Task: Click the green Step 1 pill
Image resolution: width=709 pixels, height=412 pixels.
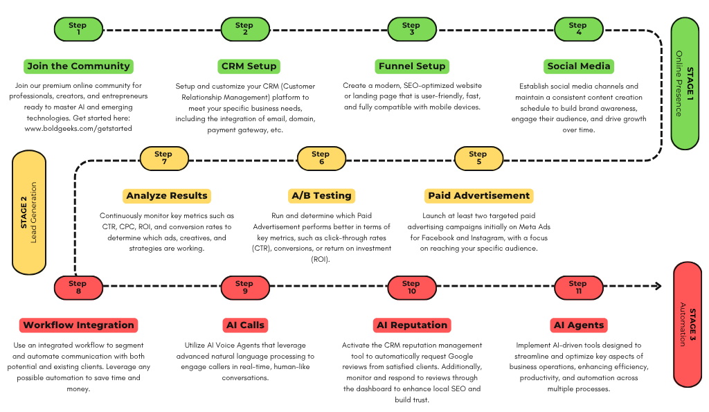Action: pos(78,29)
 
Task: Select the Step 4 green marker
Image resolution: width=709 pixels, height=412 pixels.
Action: pos(579,29)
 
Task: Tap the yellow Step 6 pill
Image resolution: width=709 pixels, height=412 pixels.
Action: pos(321,159)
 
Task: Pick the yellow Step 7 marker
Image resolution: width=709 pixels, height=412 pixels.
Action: pos(164,159)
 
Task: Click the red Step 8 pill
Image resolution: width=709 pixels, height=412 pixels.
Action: pos(78,287)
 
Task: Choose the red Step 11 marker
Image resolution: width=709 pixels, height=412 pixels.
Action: pos(579,287)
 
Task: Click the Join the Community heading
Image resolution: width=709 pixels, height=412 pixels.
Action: pos(78,66)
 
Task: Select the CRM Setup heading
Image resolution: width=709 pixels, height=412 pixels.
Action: pos(249,66)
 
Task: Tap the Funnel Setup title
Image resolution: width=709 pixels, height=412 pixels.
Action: pos(412,66)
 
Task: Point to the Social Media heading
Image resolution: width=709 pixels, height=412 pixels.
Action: pos(579,66)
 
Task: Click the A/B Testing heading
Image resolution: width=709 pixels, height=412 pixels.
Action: pos(321,196)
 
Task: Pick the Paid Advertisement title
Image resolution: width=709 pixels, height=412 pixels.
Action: pos(479,196)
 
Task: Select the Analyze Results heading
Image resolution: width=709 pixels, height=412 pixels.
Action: pos(167,196)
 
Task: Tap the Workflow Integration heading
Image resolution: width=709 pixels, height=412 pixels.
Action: pos(78,325)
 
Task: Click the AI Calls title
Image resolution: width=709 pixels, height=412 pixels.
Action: pos(245,325)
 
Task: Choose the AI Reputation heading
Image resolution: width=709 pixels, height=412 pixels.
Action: pos(412,325)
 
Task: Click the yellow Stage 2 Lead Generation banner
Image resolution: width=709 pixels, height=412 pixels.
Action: pos(29,213)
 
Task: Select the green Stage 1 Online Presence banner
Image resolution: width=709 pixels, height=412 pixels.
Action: pos(685,84)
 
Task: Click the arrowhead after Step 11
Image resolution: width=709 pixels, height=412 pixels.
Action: pos(658,286)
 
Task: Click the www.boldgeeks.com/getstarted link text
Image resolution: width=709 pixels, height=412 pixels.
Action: pos(78,128)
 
